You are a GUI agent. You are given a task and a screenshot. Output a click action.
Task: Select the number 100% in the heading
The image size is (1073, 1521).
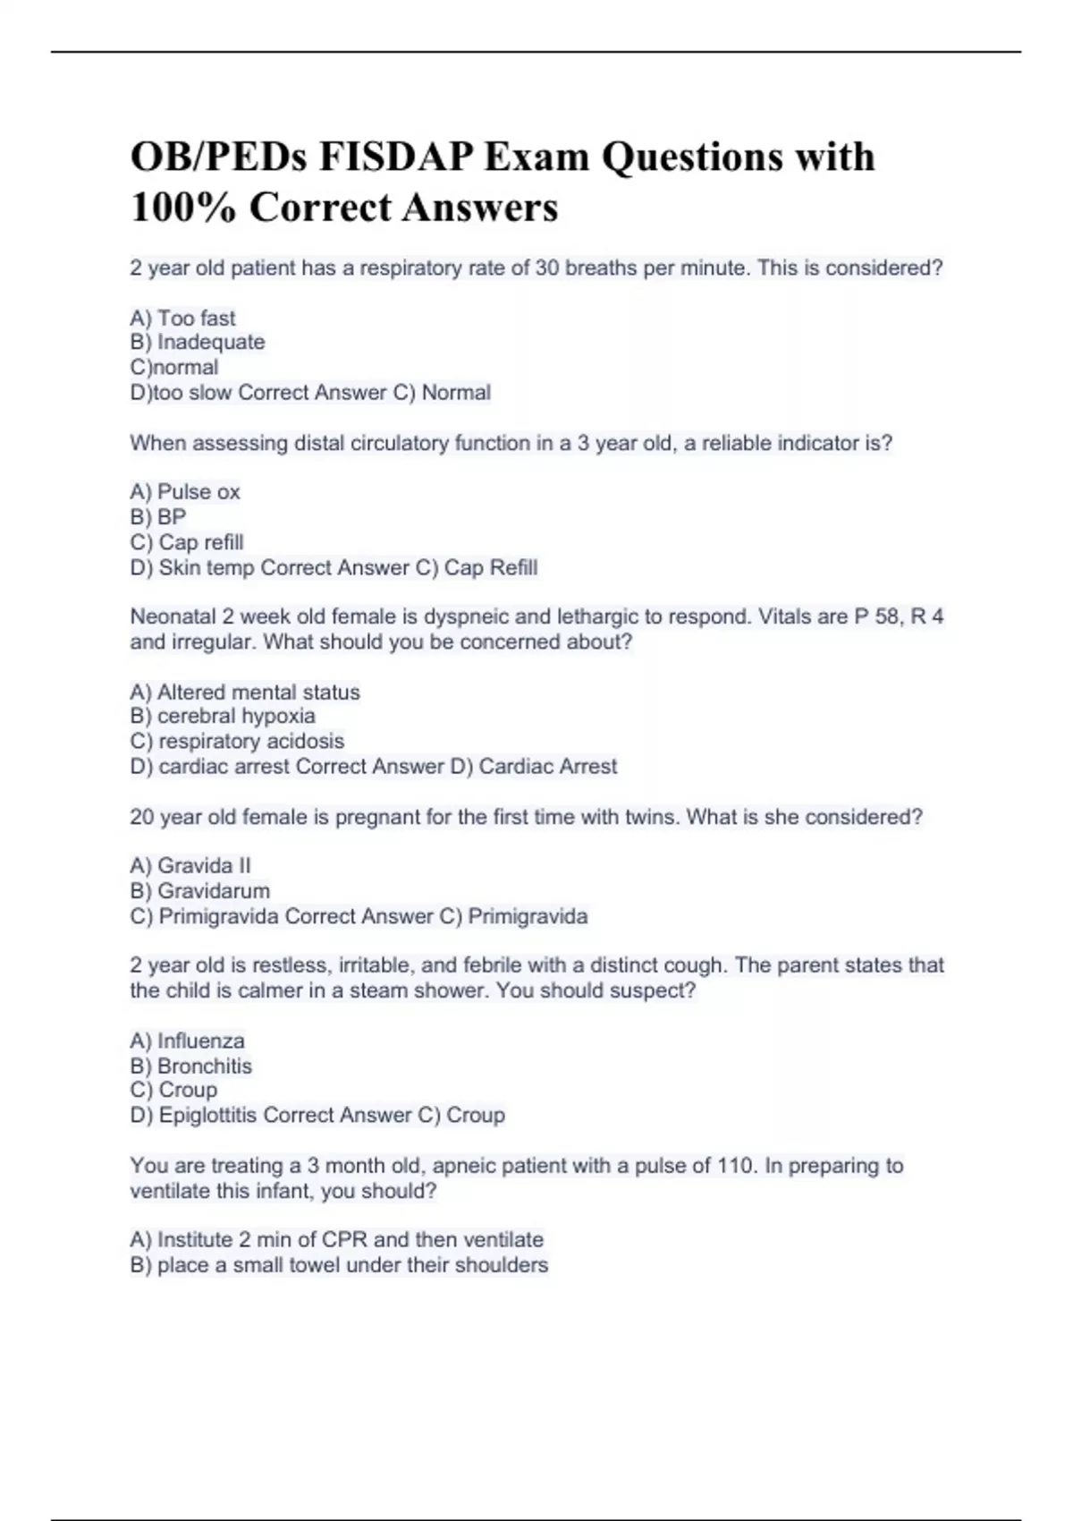183,208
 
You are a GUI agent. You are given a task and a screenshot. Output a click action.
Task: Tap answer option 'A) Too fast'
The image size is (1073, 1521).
182,319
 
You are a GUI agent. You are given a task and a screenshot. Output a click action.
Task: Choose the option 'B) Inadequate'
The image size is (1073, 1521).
197,343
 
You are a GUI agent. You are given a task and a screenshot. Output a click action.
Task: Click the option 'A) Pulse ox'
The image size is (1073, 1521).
185,492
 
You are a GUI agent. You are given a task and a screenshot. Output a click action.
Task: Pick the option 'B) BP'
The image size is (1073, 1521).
158,517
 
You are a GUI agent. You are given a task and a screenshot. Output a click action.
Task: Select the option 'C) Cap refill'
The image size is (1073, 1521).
187,542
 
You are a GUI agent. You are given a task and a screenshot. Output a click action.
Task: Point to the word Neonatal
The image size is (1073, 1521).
173,616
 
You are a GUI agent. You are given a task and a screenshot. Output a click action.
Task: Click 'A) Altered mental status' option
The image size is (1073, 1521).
245,692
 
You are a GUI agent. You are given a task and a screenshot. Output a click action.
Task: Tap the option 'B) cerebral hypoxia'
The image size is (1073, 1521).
223,716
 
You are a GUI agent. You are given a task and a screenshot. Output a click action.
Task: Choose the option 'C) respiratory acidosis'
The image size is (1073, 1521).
237,741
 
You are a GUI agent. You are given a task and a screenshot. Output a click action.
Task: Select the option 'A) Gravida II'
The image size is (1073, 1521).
190,866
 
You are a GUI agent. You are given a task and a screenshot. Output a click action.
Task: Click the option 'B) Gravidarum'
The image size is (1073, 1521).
199,891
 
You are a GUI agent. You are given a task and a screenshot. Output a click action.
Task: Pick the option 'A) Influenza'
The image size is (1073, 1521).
187,1041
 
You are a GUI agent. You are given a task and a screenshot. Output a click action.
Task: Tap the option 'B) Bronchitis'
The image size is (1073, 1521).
190,1066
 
